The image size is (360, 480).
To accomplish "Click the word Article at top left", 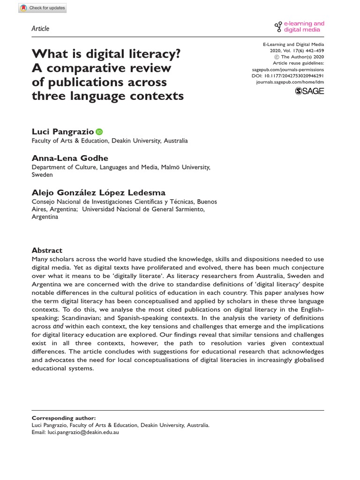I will [40, 29].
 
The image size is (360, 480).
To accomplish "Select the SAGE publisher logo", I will [309, 91].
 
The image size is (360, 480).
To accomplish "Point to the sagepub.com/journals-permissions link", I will [288, 68].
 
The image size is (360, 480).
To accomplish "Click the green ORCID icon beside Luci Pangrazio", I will [99, 119].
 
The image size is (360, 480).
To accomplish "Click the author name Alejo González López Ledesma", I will [98, 193].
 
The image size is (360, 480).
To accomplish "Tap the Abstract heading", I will [47, 250].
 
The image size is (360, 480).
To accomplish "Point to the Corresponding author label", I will [63, 418].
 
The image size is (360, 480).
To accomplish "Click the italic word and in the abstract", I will [58, 326].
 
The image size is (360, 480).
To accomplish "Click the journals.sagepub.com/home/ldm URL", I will [290, 82].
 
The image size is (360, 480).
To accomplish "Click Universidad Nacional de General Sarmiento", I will [143, 210].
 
